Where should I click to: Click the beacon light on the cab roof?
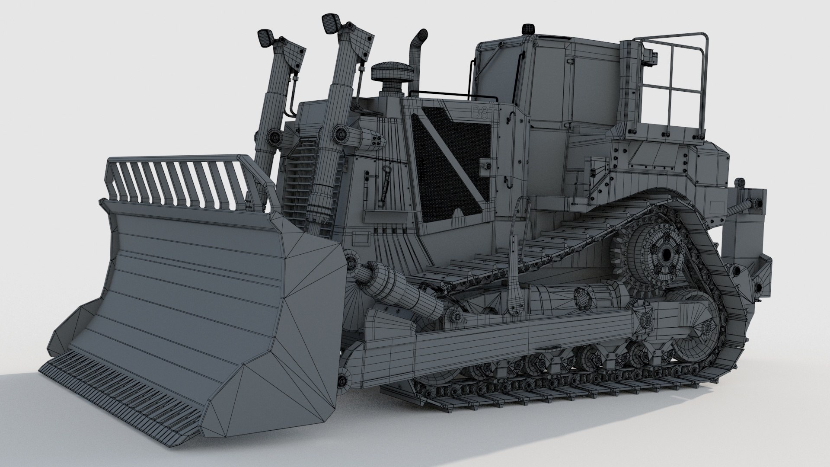(x=526, y=29)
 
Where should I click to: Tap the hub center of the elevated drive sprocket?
(x=667, y=254)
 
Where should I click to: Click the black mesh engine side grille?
(x=452, y=166)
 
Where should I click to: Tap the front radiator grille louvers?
(x=298, y=182)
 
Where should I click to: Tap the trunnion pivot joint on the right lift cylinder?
(x=340, y=134)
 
